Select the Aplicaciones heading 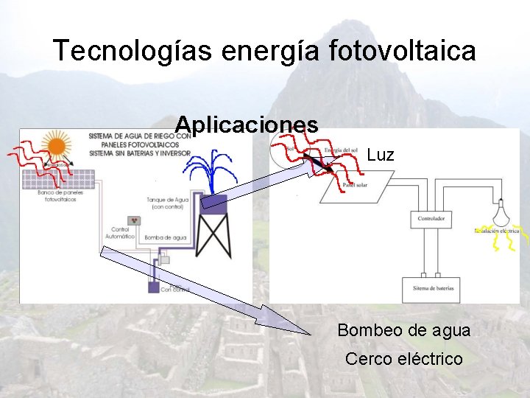(247, 124)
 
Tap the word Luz (381, 155)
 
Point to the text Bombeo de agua (403, 330)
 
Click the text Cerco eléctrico (403, 359)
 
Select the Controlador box (430, 219)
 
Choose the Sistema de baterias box (433, 288)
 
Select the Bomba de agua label (163, 237)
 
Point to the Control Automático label (120, 233)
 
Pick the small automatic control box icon (135, 220)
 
